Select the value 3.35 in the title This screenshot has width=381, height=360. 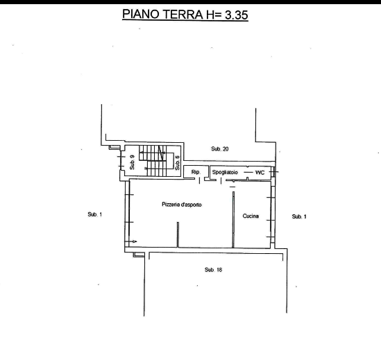point(236,15)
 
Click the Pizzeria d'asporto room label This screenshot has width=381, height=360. point(182,205)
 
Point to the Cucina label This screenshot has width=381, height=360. point(251,216)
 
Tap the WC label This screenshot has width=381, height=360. point(260,173)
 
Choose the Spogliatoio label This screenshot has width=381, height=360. point(225,172)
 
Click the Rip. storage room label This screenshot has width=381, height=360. point(196,172)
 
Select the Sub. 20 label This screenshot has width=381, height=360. point(220,148)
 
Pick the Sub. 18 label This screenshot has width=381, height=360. point(213,270)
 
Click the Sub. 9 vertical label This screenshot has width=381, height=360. point(132,162)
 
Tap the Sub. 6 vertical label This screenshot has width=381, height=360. point(178,163)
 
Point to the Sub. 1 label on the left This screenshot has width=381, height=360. point(95,214)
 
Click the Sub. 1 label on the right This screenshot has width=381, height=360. point(299,216)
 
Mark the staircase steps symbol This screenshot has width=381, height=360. point(153,160)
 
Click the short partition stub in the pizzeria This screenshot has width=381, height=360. point(178,234)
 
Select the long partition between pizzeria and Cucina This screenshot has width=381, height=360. point(233,220)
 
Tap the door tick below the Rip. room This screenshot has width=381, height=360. point(199,181)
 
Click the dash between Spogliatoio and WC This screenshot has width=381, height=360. point(248,172)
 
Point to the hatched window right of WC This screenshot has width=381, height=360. point(273,172)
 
